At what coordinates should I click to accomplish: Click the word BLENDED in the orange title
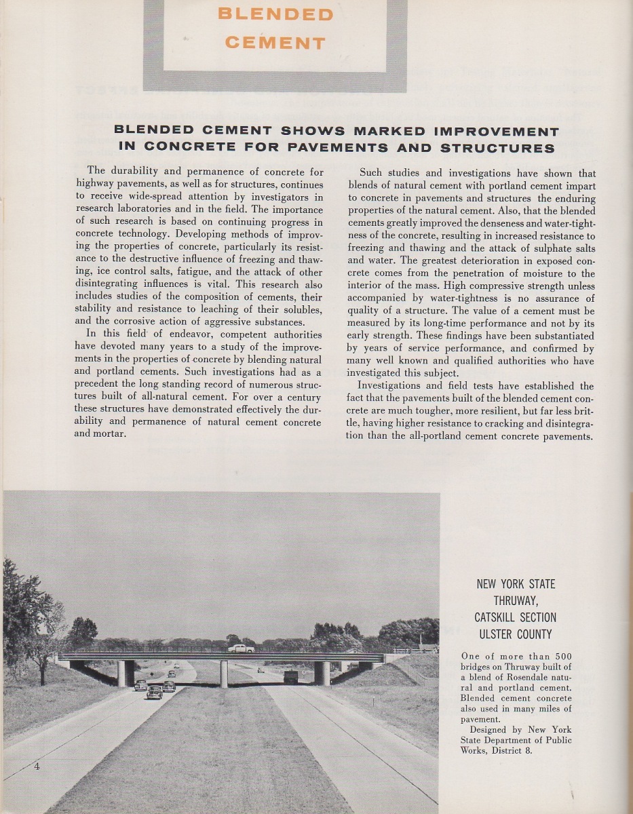tap(275, 14)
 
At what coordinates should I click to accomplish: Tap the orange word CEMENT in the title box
tap(275, 43)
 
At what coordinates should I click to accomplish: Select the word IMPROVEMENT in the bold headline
tap(486, 131)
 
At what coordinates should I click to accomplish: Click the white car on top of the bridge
tap(241, 648)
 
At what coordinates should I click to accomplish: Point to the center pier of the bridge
tap(223, 673)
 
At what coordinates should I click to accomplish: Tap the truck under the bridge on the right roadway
tap(290, 676)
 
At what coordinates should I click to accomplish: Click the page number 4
tap(37, 767)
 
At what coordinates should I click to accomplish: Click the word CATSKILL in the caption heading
tap(501, 617)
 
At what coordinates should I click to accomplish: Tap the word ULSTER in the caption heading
tap(497, 635)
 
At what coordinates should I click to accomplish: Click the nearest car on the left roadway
tap(155, 691)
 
